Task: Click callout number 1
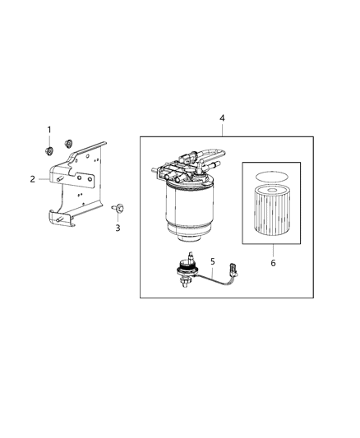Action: pyautogui.click(x=48, y=130)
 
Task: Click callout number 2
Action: pyautogui.click(x=33, y=178)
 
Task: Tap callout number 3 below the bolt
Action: pyautogui.click(x=118, y=228)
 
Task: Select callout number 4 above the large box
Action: pyautogui.click(x=222, y=118)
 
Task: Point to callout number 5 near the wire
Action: pyautogui.click(x=212, y=262)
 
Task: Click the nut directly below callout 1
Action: pyautogui.click(x=49, y=150)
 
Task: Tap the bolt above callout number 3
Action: pyautogui.click(x=117, y=209)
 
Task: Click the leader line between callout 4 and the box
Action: pyautogui.click(x=222, y=130)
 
